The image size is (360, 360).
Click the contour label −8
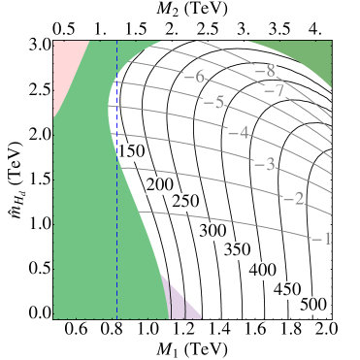point(265,71)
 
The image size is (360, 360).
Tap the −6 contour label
point(194,78)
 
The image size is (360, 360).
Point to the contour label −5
point(214,103)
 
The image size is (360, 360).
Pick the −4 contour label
point(238,133)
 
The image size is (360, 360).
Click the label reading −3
point(264,163)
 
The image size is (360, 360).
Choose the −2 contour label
point(293,199)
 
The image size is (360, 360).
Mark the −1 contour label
point(322,239)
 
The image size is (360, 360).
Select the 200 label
point(159,184)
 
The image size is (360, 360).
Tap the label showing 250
point(184,201)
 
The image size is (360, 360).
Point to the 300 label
point(212,231)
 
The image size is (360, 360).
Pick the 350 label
point(237,250)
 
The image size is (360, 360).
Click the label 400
point(262,270)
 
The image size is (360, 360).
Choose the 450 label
point(287,288)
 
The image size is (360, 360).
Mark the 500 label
point(312,306)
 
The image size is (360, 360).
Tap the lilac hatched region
point(182,303)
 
